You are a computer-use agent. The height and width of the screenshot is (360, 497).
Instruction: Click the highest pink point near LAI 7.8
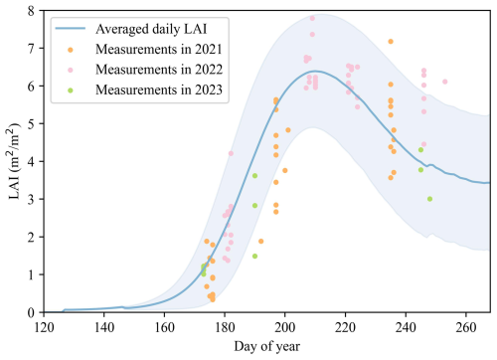(x=312, y=18)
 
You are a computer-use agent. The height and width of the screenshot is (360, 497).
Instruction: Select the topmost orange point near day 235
(x=391, y=42)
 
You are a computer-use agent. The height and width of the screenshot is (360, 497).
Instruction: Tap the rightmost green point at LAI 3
(x=429, y=199)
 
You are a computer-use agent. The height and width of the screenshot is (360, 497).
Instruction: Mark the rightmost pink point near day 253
(x=444, y=82)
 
